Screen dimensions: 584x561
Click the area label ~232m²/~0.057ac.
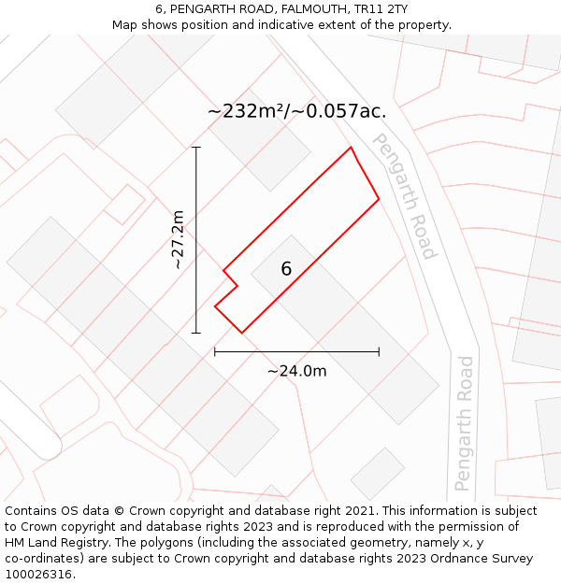click(x=296, y=111)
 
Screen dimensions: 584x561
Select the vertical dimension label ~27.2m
click(x=178, y=239)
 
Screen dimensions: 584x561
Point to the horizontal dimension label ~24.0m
click(x=296, y=371)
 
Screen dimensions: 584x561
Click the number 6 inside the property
click(x=286, y=269)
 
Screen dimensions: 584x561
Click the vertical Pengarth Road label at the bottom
click(x=465, y=422)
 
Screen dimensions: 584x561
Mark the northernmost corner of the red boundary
click(x=351, y=148)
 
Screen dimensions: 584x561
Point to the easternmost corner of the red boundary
click(x=379, y=199)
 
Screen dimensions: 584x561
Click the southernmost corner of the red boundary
click(x=241, y=333)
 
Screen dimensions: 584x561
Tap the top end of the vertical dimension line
click(x=196, y=148)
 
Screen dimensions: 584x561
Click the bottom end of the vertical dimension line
click(x=196, y=333)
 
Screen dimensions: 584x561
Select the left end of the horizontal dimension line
click(x=215, y=352)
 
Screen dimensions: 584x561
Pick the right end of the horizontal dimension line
click(x=379, y=352)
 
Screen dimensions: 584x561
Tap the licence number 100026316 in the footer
click(x=38, y=574)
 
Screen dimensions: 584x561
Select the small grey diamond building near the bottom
click(x=378, y=474)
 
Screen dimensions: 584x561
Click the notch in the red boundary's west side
click(x=237, y=285)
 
